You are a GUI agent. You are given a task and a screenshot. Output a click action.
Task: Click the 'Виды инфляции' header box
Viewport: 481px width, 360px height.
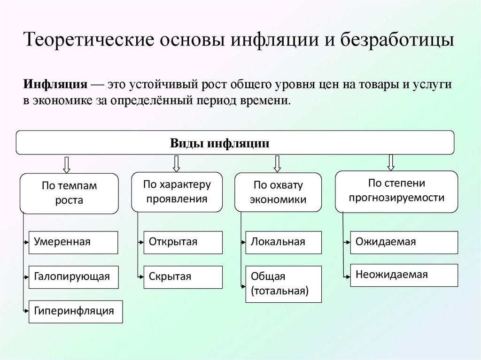[235, 143]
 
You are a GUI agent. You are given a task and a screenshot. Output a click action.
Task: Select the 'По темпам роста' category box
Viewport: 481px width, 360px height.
[69, 193]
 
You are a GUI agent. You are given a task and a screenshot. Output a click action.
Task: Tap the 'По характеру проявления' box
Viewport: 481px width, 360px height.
[177, 191]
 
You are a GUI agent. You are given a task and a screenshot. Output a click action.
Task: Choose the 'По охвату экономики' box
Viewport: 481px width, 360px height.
[278, 192]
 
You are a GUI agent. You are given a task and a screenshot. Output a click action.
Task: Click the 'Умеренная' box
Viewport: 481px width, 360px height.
[73, 242]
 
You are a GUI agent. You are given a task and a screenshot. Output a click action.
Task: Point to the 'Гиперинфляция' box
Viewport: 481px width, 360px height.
[75, 311]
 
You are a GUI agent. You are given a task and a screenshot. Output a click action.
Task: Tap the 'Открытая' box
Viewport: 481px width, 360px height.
[183, 242]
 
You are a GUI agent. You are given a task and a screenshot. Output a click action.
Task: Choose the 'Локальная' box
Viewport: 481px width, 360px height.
[284, 242]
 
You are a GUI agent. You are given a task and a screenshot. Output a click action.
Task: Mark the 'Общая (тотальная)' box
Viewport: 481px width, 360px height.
[284, 284]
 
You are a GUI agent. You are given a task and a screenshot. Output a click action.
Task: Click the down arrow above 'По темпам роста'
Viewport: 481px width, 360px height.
[66, 164]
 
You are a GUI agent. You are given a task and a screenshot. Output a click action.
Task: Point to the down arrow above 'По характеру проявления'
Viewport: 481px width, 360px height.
[177, 163]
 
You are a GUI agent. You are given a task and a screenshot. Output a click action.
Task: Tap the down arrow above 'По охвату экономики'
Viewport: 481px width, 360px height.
[277, 163]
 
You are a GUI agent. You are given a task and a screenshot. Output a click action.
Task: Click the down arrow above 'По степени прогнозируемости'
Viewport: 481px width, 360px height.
[390, 161]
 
